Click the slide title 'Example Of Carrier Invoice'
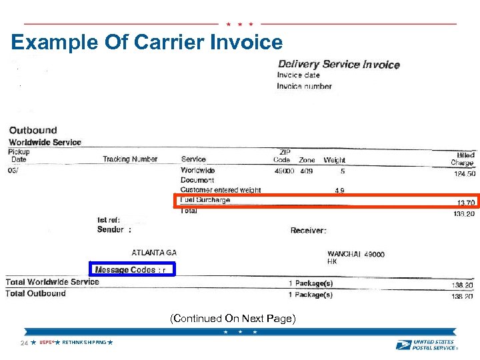147,43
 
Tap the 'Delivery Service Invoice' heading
338,65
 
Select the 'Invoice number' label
304,86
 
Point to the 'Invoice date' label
299,75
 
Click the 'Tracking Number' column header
130,159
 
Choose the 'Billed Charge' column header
462,159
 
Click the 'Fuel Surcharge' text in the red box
205,200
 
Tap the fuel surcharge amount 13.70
465,203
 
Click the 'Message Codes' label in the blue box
125,269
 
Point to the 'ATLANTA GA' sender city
154,253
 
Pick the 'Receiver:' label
309,231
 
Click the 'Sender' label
111,229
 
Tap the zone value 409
306,171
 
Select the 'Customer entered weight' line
221,190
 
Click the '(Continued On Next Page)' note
232,319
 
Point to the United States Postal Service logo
426,344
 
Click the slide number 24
24,343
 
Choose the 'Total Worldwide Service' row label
52,282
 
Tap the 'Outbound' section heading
33,130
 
